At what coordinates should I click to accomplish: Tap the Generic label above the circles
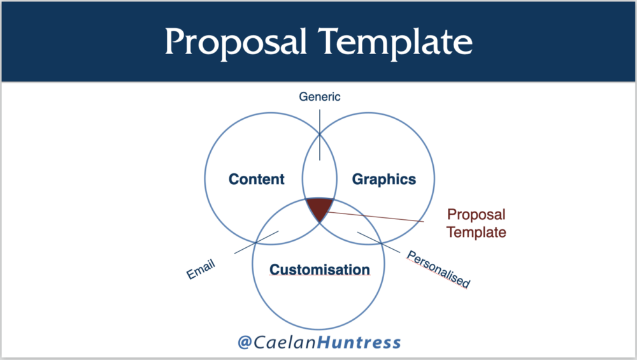click(320, 97)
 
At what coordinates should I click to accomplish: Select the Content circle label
click(256, 179)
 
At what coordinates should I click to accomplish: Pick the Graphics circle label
click(384, 179)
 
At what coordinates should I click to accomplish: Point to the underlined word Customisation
click(320, 270)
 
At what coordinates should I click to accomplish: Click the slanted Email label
click(201, 269)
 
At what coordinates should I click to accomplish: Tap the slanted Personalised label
click(439, 269)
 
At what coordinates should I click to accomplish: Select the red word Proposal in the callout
click(476, 215)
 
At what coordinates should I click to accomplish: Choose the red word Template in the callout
click(476, 232)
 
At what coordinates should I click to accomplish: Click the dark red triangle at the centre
click(319, 207)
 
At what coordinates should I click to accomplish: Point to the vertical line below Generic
click(320, 135)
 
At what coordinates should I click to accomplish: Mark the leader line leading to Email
click(256, 243)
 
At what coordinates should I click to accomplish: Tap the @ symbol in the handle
click(245, 342)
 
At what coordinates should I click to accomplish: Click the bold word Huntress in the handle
click(359, 342)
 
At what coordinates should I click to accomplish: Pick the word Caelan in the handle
click(285, 342)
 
